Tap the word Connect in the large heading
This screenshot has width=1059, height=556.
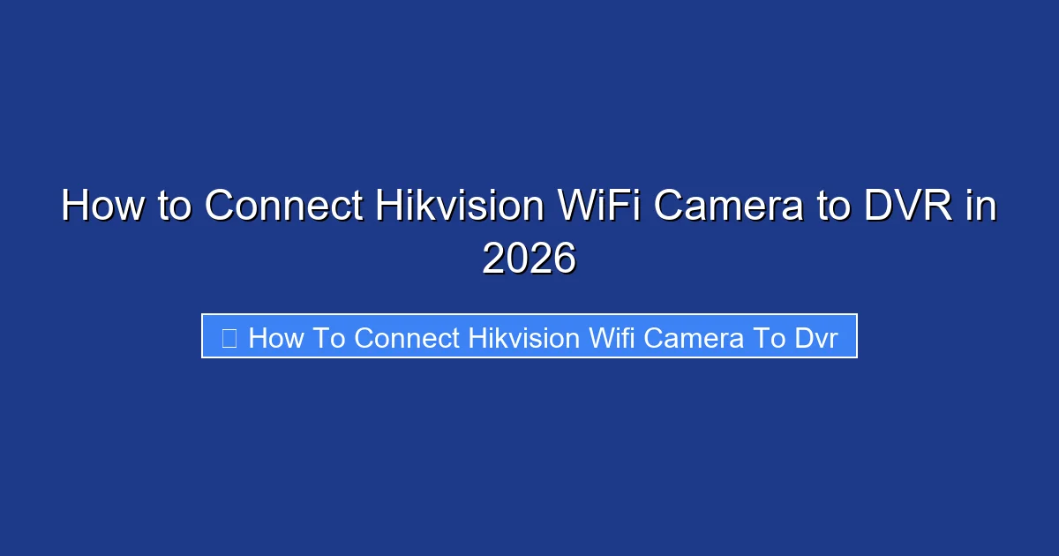pos(283,207)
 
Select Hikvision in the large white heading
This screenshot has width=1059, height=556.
pos(459,207)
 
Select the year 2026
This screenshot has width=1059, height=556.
pos(529,259)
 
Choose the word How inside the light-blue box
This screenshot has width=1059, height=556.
pos(276,337)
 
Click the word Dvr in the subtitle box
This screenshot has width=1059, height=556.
pos(815,337)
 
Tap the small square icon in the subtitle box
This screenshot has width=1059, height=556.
pos(229,337)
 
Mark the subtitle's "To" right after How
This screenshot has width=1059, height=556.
pos(330,337)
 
